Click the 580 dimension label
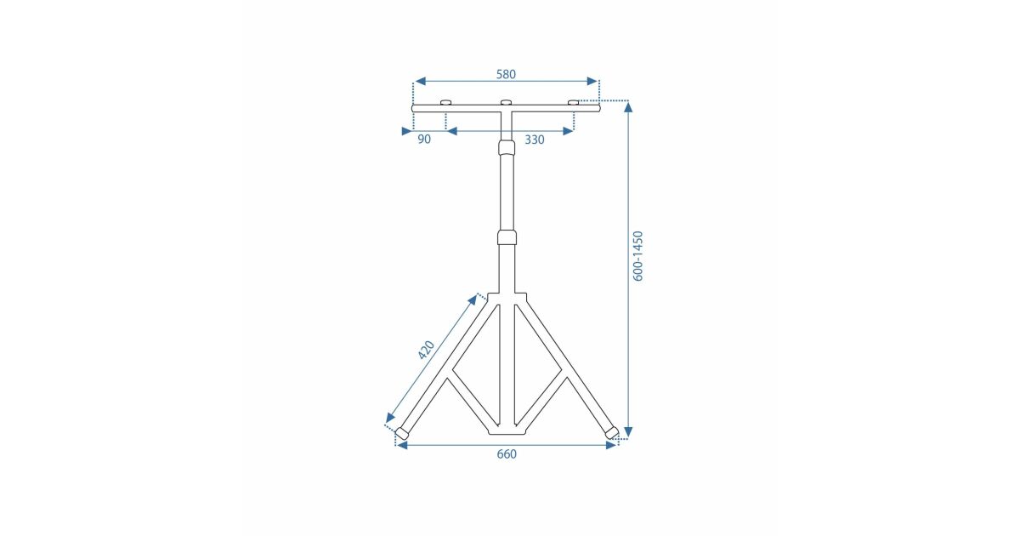tap(506, 74)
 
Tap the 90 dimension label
tap(424, 140)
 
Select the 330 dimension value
tap(534, 140)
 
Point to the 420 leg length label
tap(427, 350)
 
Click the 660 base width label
tap(507, 454)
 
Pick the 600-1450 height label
tap(638, 256)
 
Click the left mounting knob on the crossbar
tap(445, 103)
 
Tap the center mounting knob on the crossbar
tap(507, 103)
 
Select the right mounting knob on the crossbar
tap(573, 103)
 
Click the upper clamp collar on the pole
tap(507, 147)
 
